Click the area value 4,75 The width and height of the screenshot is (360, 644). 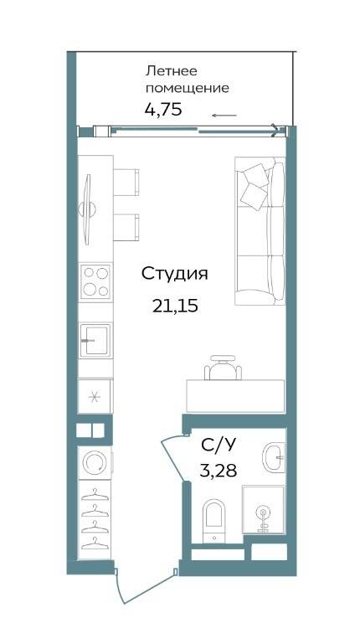[163, 110]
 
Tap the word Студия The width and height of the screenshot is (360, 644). [175, 274]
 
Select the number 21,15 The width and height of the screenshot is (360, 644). [175, 306]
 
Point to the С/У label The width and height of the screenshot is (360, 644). [219, 445]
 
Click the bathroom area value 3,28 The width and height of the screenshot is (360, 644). [218, 471]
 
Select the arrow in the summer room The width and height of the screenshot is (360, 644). [224, 116]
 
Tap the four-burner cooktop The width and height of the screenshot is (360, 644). [95, 281]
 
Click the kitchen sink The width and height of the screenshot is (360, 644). [95, 340]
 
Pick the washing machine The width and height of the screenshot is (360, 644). [95, 463]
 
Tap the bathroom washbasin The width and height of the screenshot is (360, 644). [274, 456]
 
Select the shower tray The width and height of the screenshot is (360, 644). [263, 510]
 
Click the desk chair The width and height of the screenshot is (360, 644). [223, 367]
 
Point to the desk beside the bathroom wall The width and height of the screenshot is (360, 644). [235, 396]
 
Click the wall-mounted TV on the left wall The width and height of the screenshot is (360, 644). [87, 210]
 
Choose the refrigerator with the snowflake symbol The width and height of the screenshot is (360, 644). [95, 397]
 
